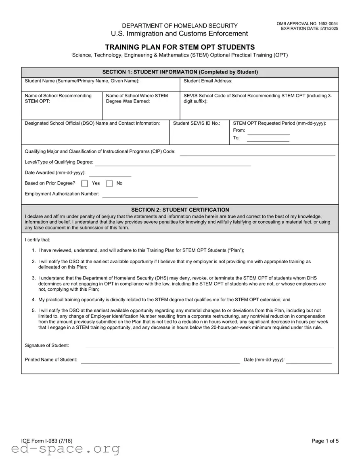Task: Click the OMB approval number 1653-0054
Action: click(x=307, y=24)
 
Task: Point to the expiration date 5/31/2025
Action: click(x=310, y=29)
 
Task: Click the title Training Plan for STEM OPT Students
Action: click(x=180, y=47)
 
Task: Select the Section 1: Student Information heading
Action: click(x=180, y=72)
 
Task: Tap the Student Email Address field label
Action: click(x=208, y=81)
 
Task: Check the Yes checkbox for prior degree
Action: click(x=85, y=183)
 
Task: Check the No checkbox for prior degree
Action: click(x=109, y=183)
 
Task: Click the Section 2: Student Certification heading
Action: click(x=180, y=210)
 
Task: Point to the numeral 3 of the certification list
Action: click(x=33, y=278)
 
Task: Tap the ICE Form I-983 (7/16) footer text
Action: click(x=47, y=441)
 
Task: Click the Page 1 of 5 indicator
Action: click(x=325, y=441)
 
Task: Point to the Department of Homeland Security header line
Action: click(x=180, y=25)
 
